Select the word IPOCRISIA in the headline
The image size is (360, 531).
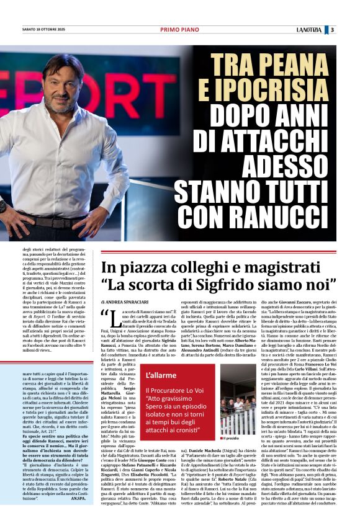[279, 90]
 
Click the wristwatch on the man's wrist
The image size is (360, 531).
[2, 207]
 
